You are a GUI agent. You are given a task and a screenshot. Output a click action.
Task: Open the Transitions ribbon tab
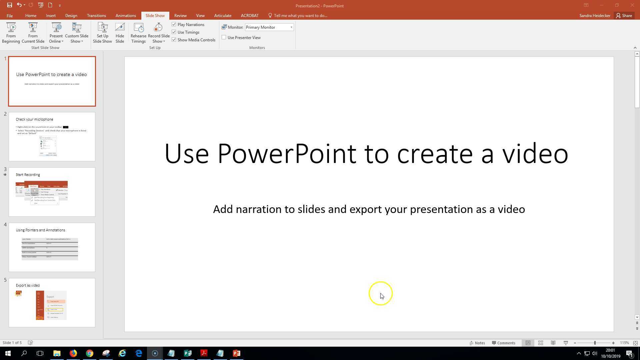click(96, 16)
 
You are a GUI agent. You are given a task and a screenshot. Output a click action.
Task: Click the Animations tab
click(126, 16)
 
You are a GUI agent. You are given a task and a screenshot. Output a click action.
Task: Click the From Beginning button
click(11, 33)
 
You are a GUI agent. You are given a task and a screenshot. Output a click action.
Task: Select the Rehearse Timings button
click(138, 33)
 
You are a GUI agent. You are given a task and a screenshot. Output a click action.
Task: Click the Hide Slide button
click(120, 33)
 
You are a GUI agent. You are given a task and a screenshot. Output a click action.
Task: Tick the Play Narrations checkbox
click(174, 24)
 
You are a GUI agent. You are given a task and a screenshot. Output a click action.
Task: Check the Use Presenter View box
click(224, 37)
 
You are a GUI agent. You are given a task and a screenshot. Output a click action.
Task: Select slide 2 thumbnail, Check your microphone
click(52, 137)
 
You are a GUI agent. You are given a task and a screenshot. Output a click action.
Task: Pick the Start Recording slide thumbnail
click(52, 192)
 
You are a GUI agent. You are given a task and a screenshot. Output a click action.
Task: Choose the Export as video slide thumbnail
click(52, 303)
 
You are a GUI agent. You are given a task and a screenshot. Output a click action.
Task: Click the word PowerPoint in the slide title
click(287, 154)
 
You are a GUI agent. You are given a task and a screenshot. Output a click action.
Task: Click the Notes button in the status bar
click(477, 343)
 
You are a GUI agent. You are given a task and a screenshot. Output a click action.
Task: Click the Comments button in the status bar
click(503, 343)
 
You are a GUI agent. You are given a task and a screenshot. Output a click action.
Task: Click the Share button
click(624, 16)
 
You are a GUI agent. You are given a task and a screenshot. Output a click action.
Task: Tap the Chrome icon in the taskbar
click(90, 353)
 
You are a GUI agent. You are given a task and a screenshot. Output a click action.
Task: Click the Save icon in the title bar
click(9, 5)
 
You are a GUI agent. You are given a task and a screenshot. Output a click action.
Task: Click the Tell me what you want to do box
click(300, 16)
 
